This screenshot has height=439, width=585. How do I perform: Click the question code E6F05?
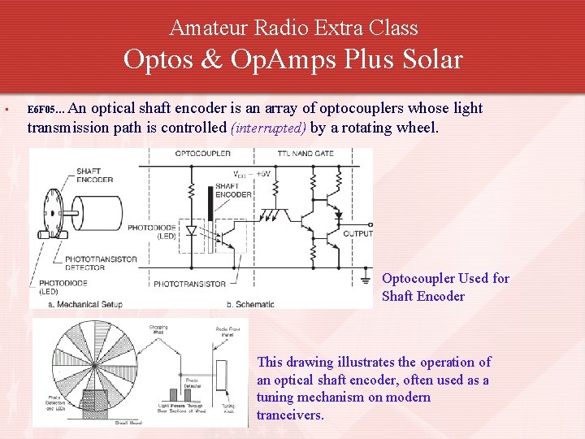point(41,109)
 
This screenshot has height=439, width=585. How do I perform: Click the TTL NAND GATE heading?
point(305,153)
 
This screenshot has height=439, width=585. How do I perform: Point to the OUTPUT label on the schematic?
point(357,233)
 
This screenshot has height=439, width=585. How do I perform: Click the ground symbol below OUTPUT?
point(364,281)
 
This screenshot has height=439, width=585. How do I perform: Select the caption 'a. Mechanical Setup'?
point(86,304)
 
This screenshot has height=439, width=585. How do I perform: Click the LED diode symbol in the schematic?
point(192,230)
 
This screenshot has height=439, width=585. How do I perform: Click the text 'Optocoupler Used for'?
point(445,278)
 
